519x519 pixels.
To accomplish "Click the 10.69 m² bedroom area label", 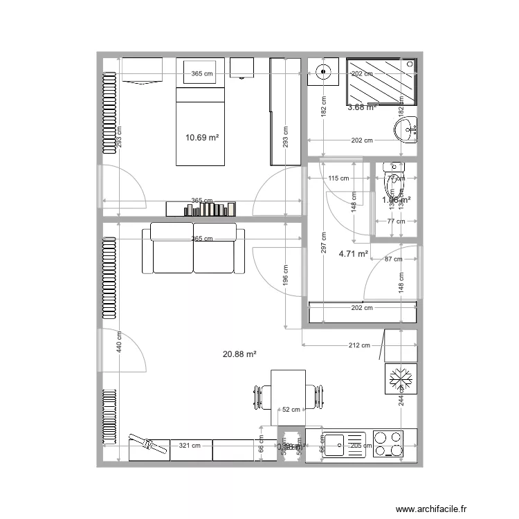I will [202, 138].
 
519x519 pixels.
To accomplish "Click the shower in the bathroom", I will [381, 81].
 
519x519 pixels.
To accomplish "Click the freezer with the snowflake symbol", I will [401, 379].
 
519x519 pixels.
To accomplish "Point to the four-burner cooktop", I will [388, 444].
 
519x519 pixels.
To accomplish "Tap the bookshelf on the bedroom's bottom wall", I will [201, 208].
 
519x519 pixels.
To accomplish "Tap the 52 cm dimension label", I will [291, 410].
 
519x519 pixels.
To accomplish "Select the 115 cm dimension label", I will [338, 179].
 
